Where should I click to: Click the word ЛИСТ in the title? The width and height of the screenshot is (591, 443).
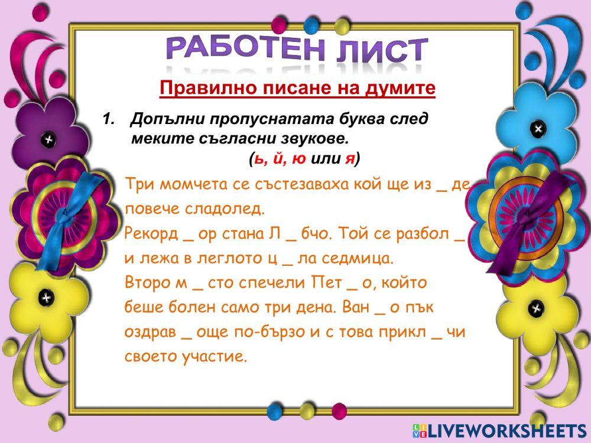click(x=381, y=51)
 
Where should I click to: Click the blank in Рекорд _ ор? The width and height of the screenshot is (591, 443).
click(x=188, y=235)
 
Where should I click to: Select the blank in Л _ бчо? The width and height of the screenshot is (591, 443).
click(x=290, y=235)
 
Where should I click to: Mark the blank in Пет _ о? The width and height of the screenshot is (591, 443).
click(x=352, y=285)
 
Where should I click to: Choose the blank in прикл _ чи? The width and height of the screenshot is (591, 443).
click(x=437, y=334)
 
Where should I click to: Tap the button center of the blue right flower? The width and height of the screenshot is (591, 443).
click(x=537, y=128)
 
